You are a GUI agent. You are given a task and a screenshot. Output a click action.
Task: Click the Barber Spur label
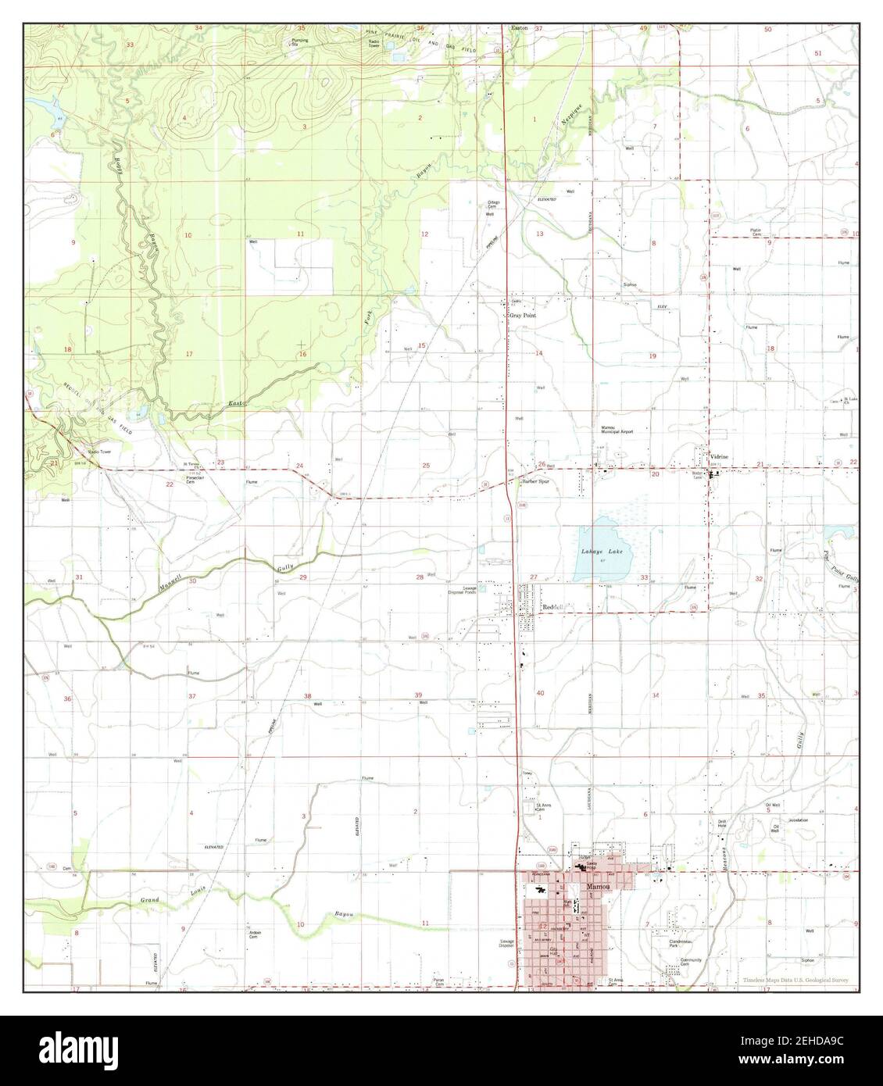pyautogui.click(x=537, y=482)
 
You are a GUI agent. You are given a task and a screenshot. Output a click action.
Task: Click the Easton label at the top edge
pyautogui.click(x=519, y=27)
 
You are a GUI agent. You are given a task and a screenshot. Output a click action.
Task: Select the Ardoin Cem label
pyautogui.click(x=255, y=935)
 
